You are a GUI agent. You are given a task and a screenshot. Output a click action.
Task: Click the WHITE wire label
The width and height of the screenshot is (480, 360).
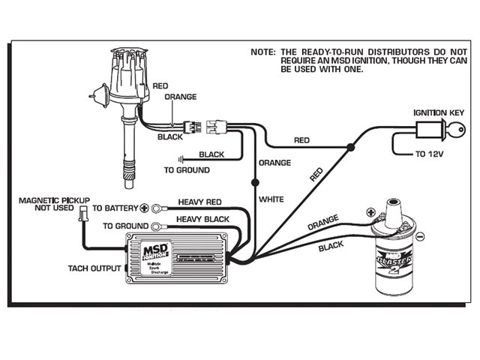coord(272,199)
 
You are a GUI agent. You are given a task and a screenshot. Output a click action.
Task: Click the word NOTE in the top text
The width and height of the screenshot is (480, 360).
coord(263,53)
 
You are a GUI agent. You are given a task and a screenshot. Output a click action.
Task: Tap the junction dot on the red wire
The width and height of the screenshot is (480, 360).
coord(349,150)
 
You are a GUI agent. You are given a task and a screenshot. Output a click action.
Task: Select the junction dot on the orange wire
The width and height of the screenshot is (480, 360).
coord(255,181)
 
